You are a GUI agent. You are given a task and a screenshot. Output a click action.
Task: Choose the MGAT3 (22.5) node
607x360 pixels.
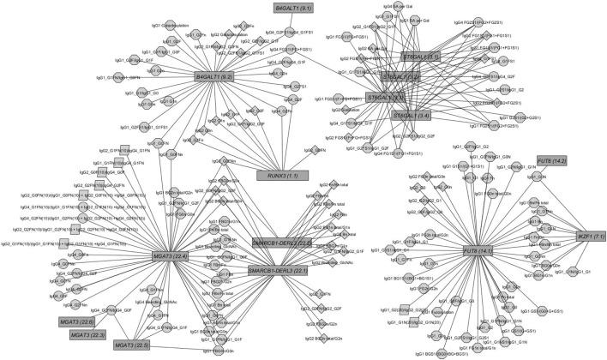coord(135,345)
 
